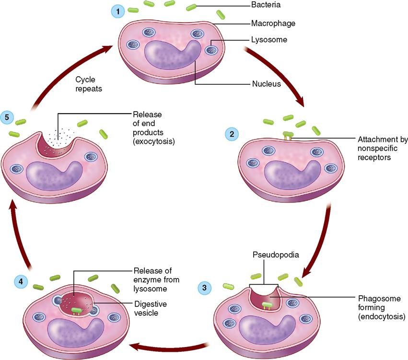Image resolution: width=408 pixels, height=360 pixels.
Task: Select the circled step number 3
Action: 205,288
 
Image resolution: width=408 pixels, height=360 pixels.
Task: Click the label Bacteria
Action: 266,6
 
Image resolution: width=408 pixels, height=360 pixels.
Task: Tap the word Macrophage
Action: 273,23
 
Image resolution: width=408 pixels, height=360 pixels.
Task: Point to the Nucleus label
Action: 267,84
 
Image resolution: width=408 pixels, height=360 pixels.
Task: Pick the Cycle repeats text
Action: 89,85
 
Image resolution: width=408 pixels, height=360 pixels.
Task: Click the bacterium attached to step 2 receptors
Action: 288,135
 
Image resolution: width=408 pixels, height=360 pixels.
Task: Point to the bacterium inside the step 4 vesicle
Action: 76,310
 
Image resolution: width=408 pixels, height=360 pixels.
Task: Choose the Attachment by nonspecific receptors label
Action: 382,149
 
